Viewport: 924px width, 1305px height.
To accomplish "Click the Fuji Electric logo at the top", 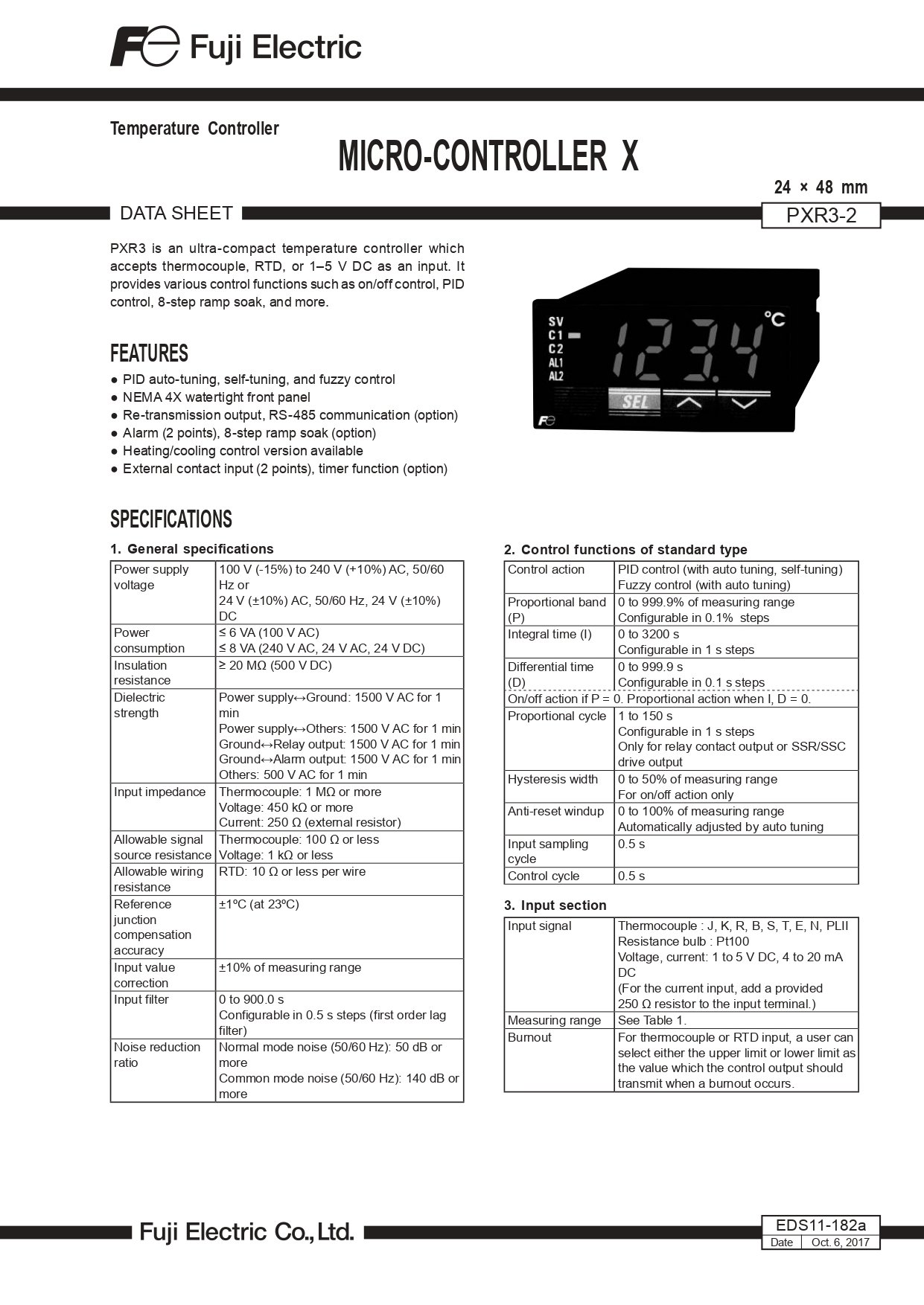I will pos(235,47).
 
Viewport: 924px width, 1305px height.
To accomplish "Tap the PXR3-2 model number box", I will pos(821,216).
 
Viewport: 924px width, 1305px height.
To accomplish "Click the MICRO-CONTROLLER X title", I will pos(488,156).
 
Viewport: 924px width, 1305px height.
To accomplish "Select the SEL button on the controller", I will pos(634,403).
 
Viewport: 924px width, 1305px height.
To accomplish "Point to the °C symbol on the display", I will pos(774,319).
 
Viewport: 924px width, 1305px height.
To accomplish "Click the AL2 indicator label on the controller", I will pos(556,376).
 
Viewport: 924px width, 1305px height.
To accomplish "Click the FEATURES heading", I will pos(149,353).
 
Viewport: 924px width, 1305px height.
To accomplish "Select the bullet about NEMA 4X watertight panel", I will pos(216,397).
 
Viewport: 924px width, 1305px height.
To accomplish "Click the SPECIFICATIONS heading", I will pos(171,519).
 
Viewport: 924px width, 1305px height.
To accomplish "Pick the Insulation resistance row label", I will pos(142,673).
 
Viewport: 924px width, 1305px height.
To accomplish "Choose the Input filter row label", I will pos(141,999).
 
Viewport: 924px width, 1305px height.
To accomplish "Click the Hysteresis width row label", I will pos(552,779).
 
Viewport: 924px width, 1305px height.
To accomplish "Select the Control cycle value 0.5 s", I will pos(631,876).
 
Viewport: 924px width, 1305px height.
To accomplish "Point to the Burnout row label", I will pos(529,1037).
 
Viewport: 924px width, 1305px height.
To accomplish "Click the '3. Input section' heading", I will pos(555,905).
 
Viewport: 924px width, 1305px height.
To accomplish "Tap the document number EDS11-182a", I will pos(821,1225).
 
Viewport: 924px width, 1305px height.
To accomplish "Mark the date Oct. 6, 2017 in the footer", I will pos(840,1243).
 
